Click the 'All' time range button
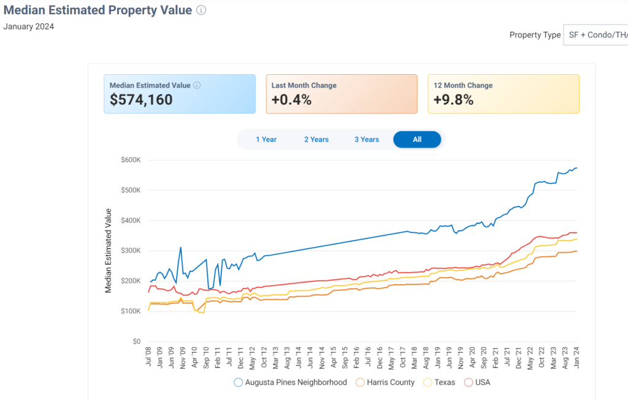coord(417,139)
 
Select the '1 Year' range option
coord(266,139)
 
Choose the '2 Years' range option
coord(316,139)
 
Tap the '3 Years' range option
coord(367,139)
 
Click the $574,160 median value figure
coord(141,100)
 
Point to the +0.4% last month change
coord(291,100)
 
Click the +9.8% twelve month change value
coord(453,100)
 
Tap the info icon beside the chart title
coord(202,10)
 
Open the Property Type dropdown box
coord(595,35)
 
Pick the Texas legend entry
coord(440,383)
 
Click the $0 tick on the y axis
coord(137,342)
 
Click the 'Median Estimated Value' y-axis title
coord(109,251)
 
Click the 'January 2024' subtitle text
coord(29,26)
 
